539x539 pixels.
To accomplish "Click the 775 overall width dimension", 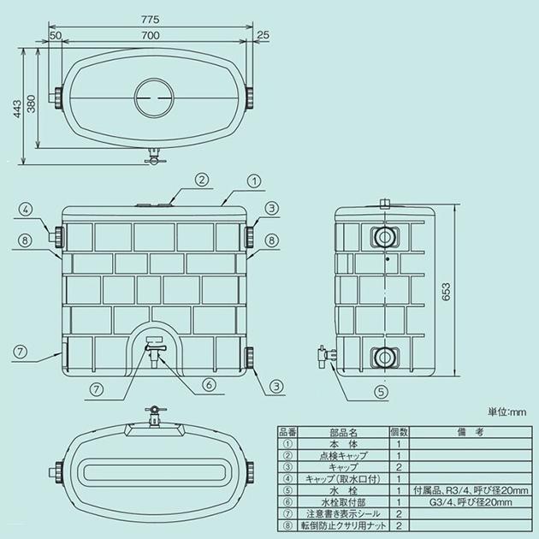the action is [x=151, y=19].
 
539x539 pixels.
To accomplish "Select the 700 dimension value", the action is [x=151, y=35].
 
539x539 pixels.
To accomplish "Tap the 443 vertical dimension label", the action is [x=17, y=109].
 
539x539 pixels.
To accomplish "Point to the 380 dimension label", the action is [x=32, y=104].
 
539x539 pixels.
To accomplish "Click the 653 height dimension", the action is [x=446, y=292].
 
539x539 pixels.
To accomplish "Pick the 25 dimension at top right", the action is [x=263, y=35].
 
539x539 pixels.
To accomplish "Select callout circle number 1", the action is [x=254, y=181].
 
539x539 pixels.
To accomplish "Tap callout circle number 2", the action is [x=202, y=180].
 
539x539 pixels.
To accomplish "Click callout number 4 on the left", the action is [x=27, y=209].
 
